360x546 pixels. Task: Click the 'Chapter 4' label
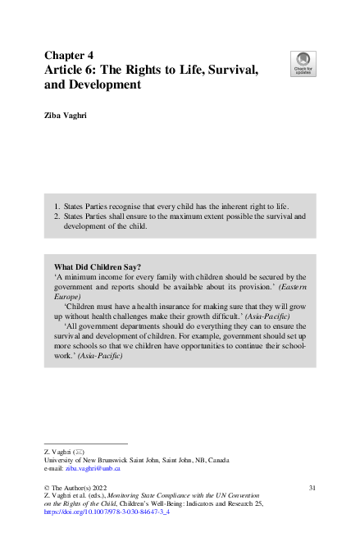point(71,56)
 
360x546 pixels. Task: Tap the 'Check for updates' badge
point(303,63)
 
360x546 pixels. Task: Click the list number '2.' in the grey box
point(57,216)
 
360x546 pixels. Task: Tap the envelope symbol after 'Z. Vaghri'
point(78,452)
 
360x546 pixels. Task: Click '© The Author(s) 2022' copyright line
point(79,489)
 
